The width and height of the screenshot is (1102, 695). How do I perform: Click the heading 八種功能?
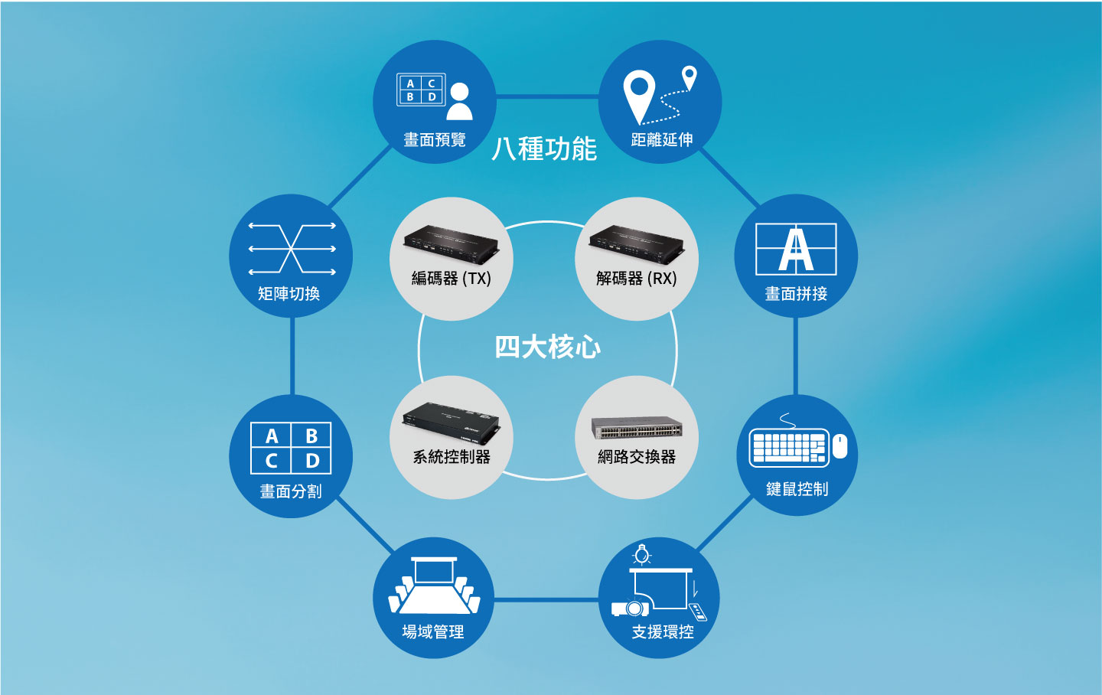tap(544, 148)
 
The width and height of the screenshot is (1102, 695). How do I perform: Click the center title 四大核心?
tap(548, 347)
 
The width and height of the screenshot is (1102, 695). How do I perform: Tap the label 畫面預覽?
tap(435, 140)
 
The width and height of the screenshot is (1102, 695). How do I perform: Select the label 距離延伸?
tap(662, 140)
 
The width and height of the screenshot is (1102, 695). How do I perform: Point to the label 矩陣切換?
tap(289, 294)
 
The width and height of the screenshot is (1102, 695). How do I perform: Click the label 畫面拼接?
tap(796, 294)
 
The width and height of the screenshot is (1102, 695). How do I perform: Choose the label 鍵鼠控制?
tap(797, 489)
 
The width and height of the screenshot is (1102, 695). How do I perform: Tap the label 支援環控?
tap(663, 632)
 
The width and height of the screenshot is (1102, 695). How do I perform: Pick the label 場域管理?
tap(433, 632)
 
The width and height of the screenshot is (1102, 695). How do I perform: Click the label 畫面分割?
tap(291, 491)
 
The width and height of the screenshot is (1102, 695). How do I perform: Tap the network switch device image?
tap(637, 428)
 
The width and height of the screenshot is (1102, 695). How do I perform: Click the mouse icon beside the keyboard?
tap(840, 446)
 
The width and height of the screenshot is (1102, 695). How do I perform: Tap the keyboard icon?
tap(788, 448)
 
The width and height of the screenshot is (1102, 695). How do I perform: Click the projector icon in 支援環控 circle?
tap(631, 609)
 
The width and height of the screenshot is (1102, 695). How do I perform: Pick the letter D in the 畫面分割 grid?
tap(312, 462)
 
